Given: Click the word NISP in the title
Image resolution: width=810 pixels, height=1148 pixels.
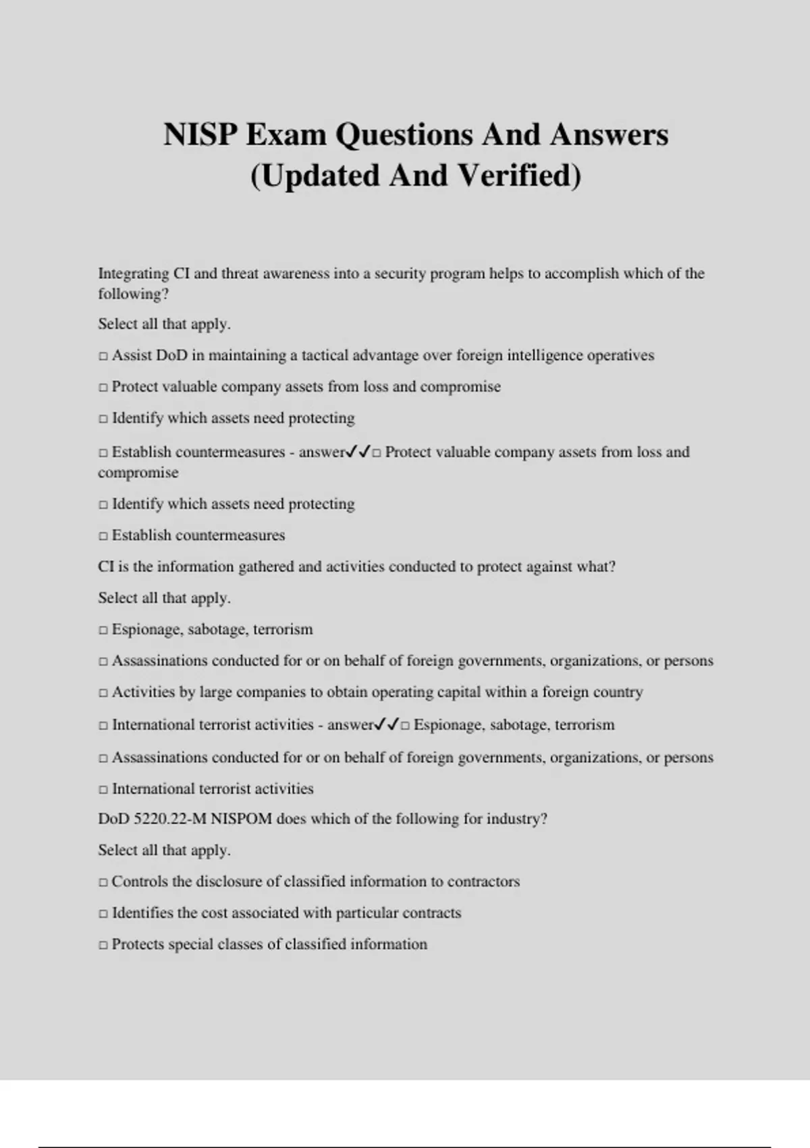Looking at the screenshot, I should click(200, 134).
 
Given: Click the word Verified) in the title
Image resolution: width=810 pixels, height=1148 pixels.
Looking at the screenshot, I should click(520, 176).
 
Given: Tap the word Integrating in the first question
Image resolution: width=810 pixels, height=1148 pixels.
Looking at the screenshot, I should click(134, 273).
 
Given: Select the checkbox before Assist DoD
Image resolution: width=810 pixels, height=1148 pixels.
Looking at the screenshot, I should click(103, 356).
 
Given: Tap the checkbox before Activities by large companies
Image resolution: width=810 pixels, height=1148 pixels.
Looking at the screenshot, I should click(103, 693).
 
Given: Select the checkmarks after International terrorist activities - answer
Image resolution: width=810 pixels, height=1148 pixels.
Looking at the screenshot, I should click(387, 725).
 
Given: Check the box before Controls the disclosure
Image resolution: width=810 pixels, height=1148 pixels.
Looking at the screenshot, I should click(103, 883).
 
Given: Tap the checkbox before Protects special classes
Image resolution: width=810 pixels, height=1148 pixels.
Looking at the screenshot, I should click(103, 945).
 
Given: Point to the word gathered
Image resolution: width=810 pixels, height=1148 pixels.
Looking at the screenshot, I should click(266, 567).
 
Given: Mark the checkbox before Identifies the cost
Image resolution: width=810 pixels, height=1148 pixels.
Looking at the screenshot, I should click(103, 914).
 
